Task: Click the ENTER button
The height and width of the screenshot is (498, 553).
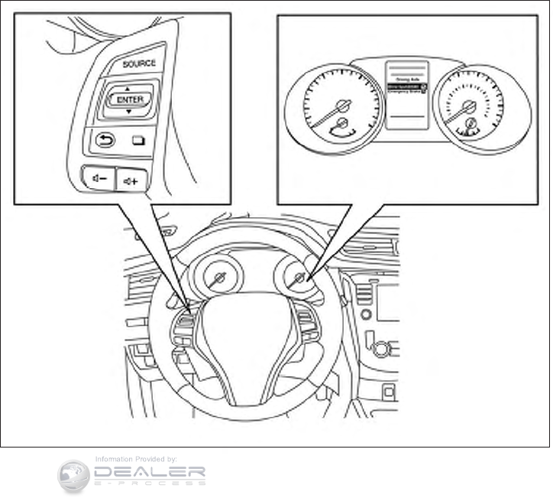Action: tap(126, 99)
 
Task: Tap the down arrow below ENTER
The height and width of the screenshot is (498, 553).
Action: tap(128, 112)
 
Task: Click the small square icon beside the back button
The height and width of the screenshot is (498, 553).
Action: tap(139, 140)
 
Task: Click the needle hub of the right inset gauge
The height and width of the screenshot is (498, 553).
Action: tap(470, 106)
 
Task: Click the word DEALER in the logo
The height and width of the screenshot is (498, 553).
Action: tap(149, 472)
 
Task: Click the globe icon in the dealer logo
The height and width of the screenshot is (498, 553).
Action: tap(74, 475)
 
